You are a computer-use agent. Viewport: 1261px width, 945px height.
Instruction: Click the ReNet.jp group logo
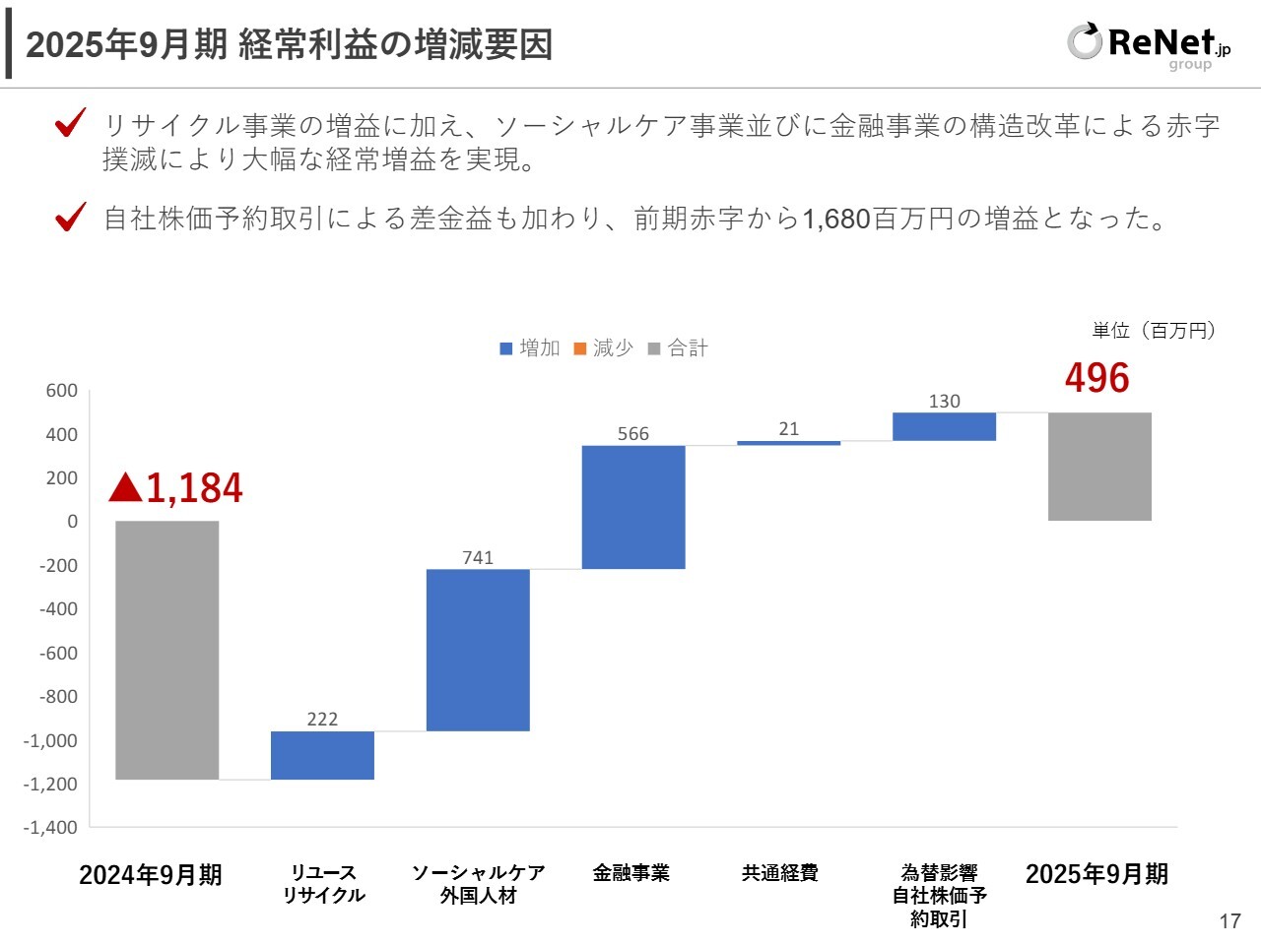1148,45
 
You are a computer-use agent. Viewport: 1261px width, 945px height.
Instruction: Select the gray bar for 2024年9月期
166,650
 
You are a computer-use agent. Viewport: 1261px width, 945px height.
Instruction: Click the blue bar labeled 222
322,755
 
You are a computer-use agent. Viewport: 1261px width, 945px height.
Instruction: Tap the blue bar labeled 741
478,650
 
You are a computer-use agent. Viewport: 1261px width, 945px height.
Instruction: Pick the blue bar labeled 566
632,507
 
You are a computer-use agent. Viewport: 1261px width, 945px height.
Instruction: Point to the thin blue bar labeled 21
788,443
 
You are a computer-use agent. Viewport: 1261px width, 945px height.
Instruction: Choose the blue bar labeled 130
944,426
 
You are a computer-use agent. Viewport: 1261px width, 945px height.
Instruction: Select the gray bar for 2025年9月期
1099,467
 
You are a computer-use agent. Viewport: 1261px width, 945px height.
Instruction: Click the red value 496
1097,378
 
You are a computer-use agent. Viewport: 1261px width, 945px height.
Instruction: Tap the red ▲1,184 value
176,488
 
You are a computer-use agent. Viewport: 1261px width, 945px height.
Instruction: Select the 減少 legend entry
603,348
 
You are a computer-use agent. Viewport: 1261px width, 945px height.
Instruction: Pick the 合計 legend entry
678,348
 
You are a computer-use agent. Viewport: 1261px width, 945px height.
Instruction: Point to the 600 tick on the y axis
62,391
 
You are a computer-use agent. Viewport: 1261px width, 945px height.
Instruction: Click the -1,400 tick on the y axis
51,828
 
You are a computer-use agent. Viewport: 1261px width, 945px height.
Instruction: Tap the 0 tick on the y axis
72,522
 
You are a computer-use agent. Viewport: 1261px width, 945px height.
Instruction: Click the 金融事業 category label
631,873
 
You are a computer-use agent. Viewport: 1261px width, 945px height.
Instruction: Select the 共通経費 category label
780,873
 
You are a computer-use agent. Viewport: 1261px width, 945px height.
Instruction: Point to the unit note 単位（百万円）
1154,331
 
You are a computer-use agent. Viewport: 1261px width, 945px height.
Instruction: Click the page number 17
1229,921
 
